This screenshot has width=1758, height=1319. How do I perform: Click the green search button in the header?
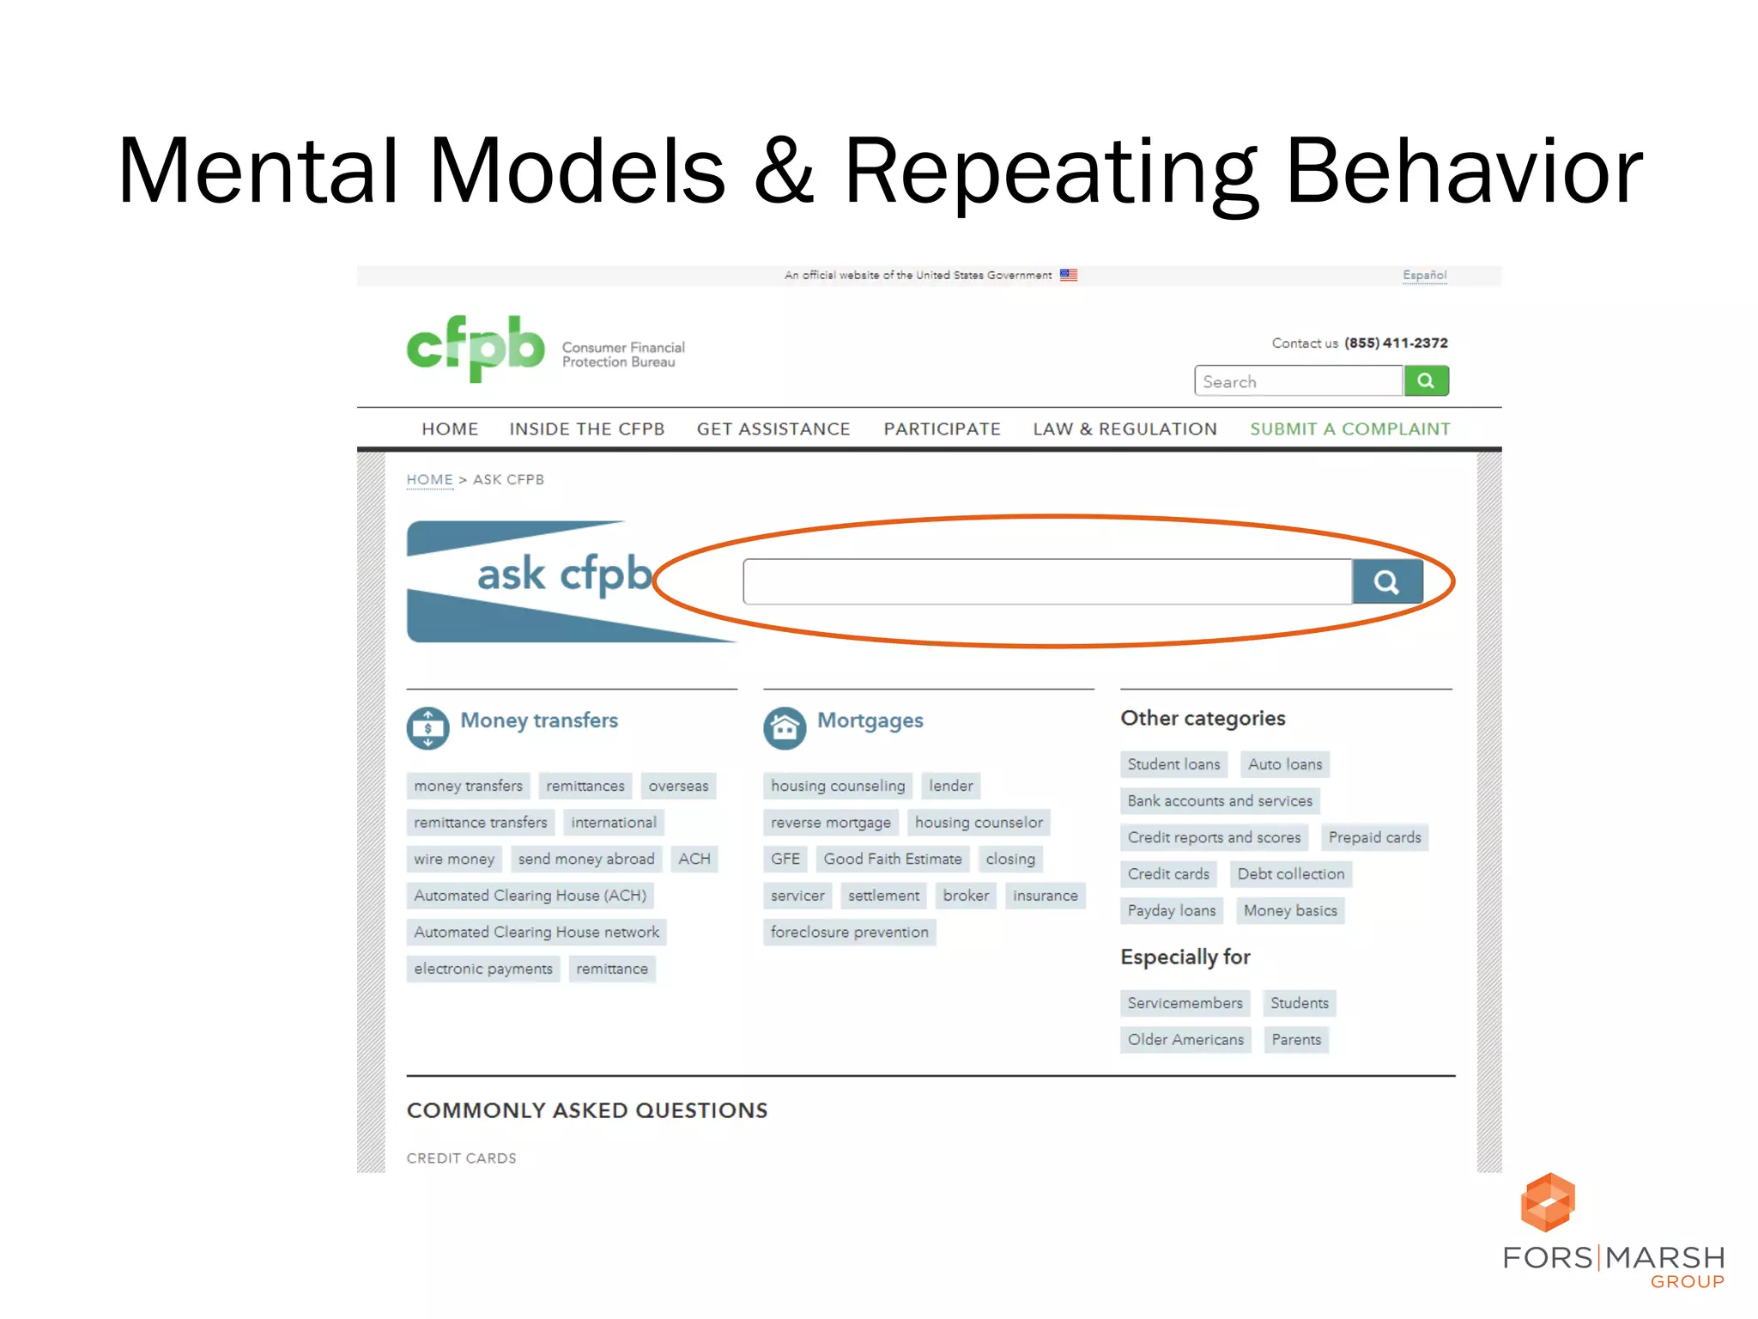click(1426, 380)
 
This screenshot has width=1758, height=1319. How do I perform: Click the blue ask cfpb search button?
click(1386, 582)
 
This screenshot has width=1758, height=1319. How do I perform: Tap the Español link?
click(1424, 276)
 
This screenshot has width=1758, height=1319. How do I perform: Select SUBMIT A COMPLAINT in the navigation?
click(1349, 429)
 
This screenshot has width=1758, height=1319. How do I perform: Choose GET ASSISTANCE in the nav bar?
click(773, 429)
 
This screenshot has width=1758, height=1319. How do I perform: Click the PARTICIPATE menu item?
click(942, 429)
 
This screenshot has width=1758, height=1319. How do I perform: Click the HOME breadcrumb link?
click(429, 480)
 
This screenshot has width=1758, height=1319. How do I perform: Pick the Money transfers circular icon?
click(427, 728)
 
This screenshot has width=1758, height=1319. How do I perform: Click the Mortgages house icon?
click(784, 728)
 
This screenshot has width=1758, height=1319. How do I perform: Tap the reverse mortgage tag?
click(830, 823)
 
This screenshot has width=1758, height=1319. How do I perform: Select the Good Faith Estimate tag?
click(892, 859)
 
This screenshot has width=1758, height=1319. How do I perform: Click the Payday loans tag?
click(1171, 910)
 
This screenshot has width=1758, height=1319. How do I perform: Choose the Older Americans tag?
click(1185, 1040)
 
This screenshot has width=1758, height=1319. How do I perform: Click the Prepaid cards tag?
click(1374, 837)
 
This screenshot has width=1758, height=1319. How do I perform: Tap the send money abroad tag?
click(585, 859)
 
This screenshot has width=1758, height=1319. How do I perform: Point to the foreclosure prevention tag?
click(849, 933)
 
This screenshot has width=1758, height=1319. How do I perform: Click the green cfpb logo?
click(475, 348)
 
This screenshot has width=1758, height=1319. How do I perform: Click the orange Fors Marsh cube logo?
click(1547, 1202)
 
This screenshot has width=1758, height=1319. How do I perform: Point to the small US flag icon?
click(1068, 276)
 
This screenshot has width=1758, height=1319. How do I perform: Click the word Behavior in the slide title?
click(1463, 172)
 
